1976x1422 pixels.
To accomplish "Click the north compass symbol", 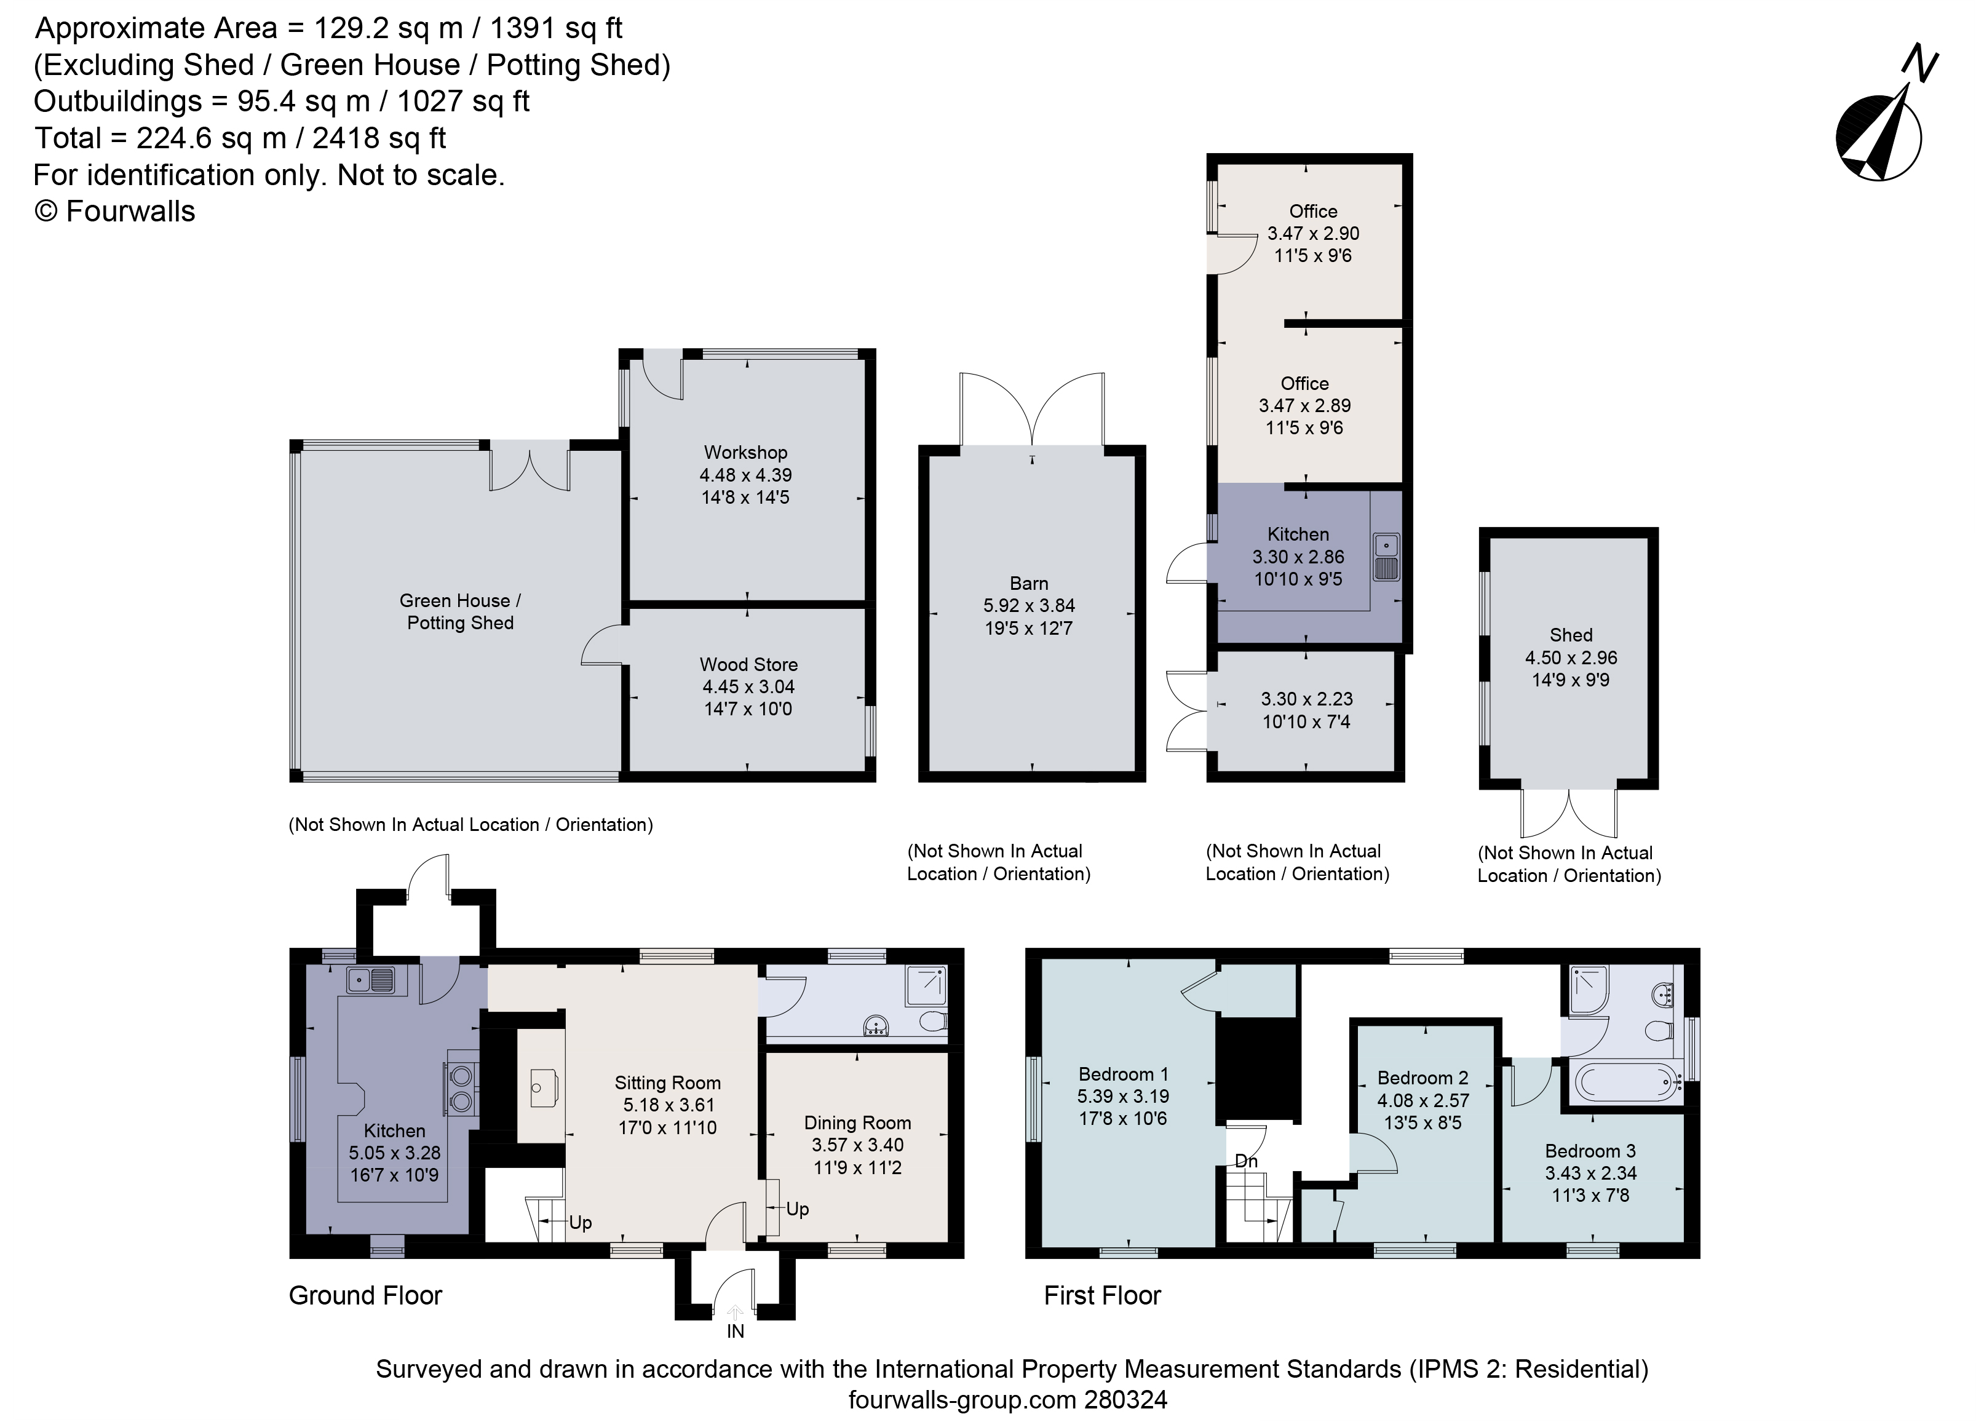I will [1879, 130].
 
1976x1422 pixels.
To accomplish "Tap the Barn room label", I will [1029, 583].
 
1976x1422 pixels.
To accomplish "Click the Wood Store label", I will [748, 664].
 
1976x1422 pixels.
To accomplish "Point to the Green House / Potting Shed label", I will [460, 611].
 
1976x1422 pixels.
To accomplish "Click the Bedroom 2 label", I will [1422, 1078].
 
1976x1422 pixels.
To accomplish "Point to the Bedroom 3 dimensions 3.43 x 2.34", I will [1591, 1173].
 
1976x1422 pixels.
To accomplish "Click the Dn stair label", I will [1246, 1161].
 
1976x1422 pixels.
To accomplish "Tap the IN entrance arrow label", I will [736, 1330].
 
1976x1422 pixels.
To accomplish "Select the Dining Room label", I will [857, 1122].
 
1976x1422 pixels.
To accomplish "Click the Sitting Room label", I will [667, 1082].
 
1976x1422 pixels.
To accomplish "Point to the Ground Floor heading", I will [365, 1296].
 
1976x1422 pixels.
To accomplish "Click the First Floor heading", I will [1102, 1296].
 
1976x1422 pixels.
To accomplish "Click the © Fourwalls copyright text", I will [114, 211].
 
